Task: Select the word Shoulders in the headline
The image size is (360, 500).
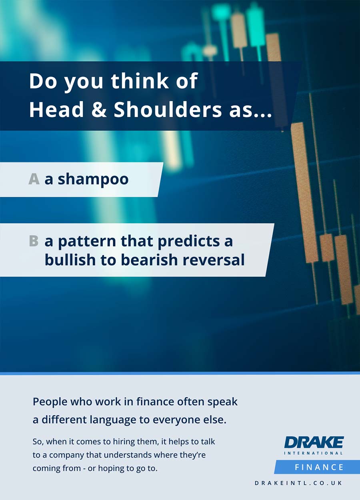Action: click(x=168, y=109)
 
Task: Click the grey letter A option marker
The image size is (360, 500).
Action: click(x=34, y=179)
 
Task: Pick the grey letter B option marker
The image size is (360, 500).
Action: click(x=34, y=241)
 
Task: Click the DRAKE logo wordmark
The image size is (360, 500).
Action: click(x=314, y=442)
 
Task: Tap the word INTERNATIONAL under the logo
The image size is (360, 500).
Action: click(x=314, y=453)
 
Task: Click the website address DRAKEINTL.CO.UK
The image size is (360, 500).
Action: click(x=299, y=483)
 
